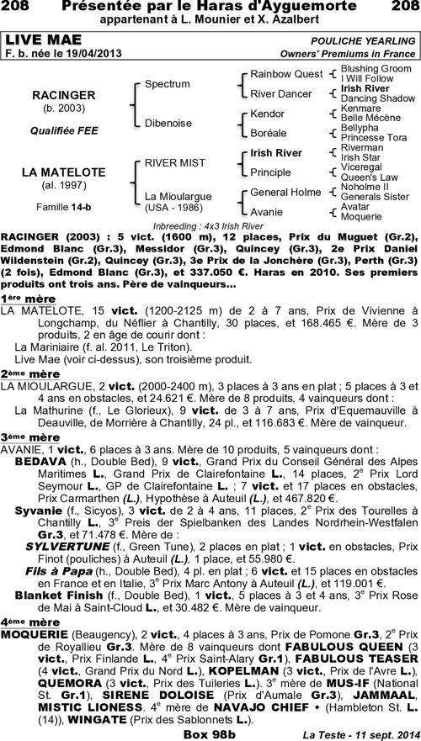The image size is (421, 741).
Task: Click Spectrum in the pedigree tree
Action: (x=167, y=85)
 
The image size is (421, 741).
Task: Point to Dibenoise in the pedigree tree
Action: (x=170, y=123)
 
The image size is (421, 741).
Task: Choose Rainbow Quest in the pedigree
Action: (x=286, y=75)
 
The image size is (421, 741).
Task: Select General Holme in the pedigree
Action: (x=286, y=193)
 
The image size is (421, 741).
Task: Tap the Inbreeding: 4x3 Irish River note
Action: (x=210, y=226)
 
